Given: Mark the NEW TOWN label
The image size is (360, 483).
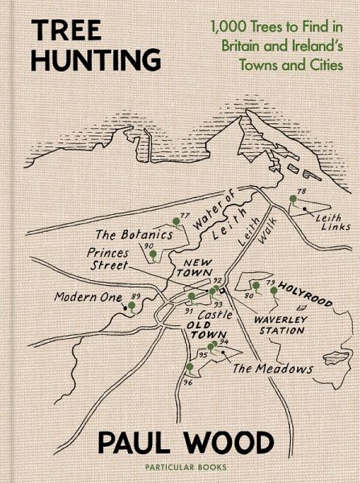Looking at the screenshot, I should coord(197,268).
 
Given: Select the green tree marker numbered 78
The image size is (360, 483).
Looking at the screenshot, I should coord(294,201).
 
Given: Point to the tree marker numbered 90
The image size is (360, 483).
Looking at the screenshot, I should coord(150,254).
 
